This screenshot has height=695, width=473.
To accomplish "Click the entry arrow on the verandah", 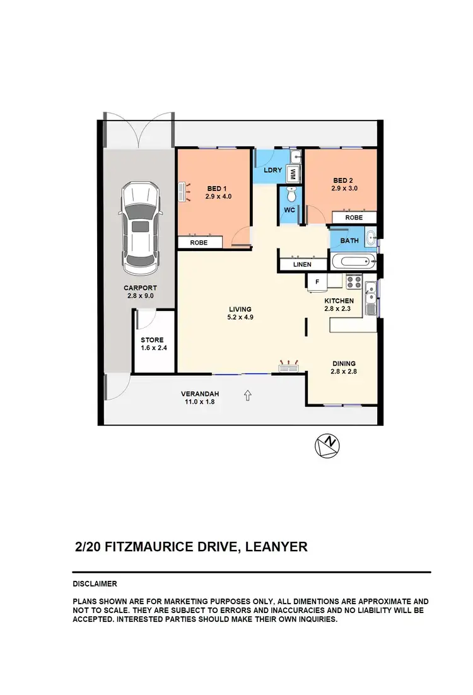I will (x=248, y=395).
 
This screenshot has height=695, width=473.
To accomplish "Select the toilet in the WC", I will (x=291, y=192).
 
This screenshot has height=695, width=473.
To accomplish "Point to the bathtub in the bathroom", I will (x=350, y=261).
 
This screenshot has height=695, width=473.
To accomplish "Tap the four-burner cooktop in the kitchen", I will (x=353, y=281).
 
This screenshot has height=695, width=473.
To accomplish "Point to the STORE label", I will (x=152, y=340).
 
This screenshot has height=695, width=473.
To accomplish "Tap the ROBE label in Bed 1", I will (x=199, y=242).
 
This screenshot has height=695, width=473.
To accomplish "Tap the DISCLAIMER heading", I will (x=95, y=584).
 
